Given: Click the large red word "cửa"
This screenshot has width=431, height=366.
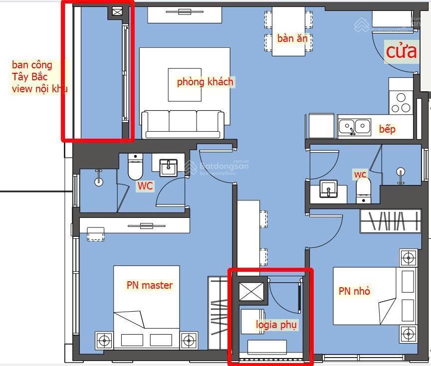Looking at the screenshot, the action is pos(401,51).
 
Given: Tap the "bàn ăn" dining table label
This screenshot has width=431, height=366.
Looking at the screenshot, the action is pos(292,38).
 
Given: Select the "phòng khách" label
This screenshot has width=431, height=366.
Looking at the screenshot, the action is pos(205,82).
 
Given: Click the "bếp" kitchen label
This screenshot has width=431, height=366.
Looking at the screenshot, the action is pos(387,129).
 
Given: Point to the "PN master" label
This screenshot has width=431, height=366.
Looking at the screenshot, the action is pos(150,285).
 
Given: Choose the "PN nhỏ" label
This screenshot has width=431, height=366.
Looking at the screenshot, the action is pos(354,291).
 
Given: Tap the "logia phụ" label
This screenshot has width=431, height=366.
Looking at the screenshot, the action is pos(276,325).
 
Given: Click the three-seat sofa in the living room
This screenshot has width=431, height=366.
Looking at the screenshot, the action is pos(183,124).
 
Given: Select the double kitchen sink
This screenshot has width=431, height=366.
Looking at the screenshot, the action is pos(355,127).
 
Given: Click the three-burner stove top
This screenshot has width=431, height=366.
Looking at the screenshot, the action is pos(401,103).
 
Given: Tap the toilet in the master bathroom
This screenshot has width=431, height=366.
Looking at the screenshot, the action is pos(135,167).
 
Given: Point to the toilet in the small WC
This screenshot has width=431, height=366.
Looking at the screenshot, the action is pos(363,190).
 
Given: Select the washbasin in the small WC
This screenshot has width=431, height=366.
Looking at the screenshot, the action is pos(328,188).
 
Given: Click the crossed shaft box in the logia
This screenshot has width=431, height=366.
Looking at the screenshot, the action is pos(251,291).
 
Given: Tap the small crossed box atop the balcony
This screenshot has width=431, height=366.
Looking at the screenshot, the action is pos(117,12).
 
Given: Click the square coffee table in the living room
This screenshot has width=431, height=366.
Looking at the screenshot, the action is pos(185,85).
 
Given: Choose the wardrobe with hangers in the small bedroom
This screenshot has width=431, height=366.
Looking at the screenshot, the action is pos(390,221).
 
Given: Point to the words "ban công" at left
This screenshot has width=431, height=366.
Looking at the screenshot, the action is pos(32,65).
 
